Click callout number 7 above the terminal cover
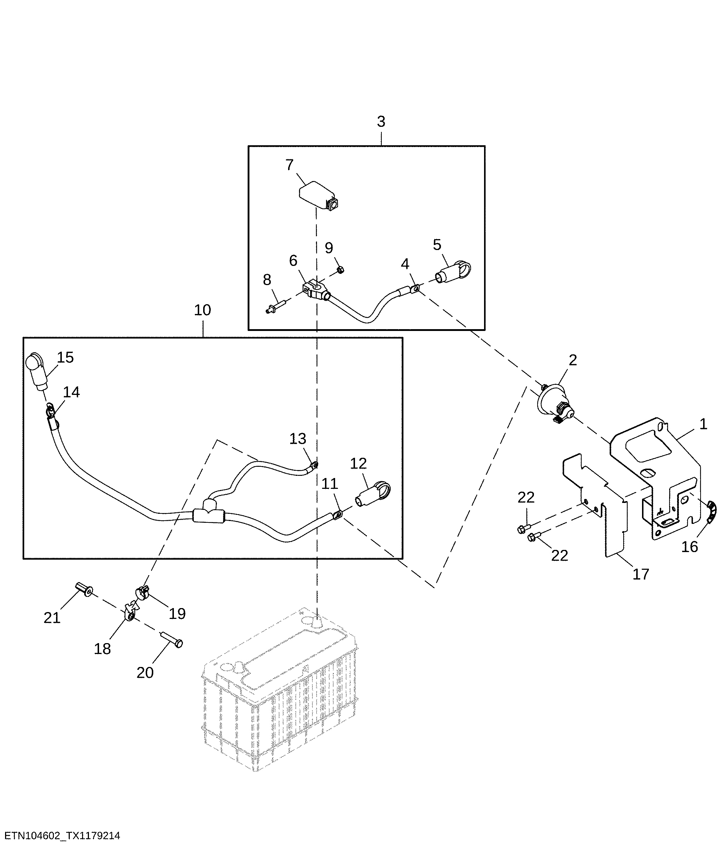(x=289, y=165)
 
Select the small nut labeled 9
(x=341, y=269)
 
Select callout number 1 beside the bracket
(x=703, y=425)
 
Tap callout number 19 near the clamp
(x=177, y=613)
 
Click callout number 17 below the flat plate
(x=641, y=574)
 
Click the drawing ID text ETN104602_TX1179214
(x=62, y=836)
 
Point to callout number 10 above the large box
(x=202, y=310)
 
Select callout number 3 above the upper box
(x=381, y=121)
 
